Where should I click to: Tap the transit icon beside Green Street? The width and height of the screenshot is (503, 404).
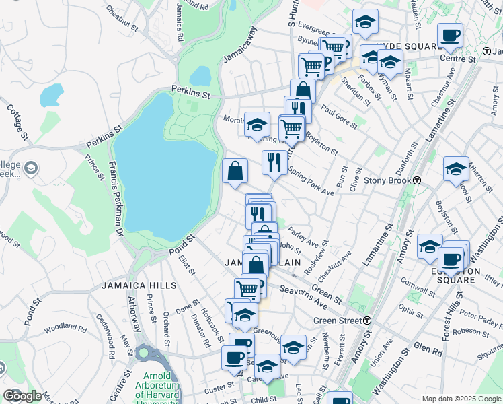point(368,321)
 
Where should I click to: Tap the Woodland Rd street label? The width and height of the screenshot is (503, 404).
point(65,330)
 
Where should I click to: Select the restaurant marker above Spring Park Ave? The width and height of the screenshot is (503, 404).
point(274,162)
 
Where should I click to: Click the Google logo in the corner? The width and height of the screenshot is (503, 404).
point(22,396)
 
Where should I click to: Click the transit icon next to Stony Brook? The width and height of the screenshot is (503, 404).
point(417,181)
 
